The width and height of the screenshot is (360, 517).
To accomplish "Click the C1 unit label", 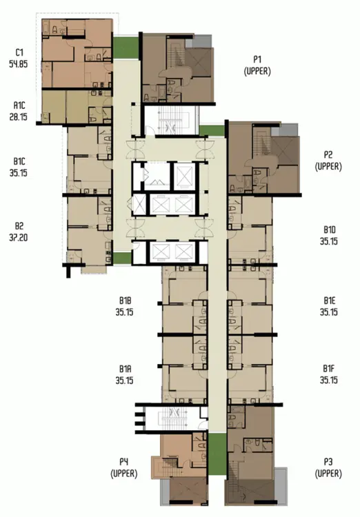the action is (x=19, y=52).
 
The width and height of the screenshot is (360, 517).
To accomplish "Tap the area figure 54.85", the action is (x=19, y=64).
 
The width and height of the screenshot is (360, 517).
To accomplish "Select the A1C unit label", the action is (x=19, y=105).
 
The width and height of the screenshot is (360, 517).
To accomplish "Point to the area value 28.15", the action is (x=19, y=117).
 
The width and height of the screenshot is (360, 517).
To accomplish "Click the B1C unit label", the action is (x=19, y=161).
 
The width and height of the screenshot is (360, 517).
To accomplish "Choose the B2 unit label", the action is (x=19, y=226).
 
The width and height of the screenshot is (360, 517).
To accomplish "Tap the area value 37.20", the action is (x=19, y=237).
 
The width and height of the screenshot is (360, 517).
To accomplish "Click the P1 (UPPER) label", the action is (x=257, y=65).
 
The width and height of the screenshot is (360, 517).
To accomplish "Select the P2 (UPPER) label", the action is (x=328, y=161).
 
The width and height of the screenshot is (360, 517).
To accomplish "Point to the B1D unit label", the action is (x=330, y=230).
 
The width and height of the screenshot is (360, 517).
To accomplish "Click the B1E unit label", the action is (x=330, y=301).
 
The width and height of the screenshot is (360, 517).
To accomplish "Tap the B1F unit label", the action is (x=330, y=369).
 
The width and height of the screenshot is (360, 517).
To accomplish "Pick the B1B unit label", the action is (x=125, y=301).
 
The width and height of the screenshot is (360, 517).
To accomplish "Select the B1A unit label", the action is (x=125, y=369).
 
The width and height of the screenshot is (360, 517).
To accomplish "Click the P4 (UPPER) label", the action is (x=123, y=468).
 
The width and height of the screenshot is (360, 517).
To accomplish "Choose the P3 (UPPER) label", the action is (x=328, y=468).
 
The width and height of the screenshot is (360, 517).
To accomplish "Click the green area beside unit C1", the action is (x=126, y=48).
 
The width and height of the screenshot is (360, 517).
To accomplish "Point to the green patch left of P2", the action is (x=212, y=130).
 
